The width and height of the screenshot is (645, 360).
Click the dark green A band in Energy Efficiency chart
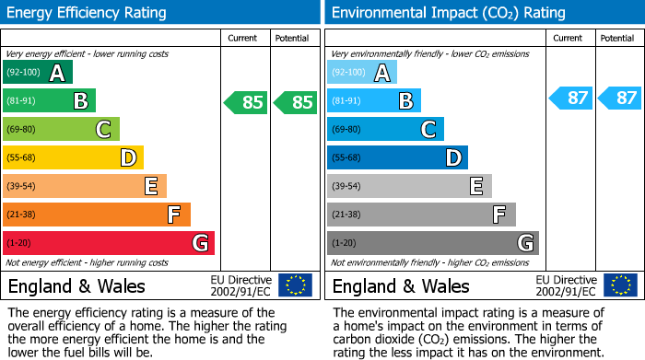tap(37, 73)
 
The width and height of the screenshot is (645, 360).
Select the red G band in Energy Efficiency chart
tap(108, 243)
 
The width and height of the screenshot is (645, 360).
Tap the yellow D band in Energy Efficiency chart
tap(73, 158)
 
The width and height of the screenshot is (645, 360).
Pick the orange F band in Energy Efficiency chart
tap(96, 215)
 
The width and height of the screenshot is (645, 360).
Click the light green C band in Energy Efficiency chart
tap(61, 130)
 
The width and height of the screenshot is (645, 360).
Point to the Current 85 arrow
tap(246, 102)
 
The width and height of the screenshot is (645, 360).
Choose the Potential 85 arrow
tap(294, 102)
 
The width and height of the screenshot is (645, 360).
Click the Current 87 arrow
tap(570, 98)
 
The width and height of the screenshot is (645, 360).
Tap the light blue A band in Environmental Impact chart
tap(362, 73)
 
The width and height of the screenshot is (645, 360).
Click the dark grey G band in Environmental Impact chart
tap(432, 243)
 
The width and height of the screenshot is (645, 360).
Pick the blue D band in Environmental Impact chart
tap(397, 158)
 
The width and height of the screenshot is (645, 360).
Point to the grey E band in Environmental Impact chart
tap(409, 187)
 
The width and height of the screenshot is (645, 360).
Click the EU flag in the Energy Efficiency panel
tap(295, 285)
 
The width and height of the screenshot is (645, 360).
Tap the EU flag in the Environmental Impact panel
tap(619, 285)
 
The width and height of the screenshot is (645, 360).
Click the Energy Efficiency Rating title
tap(88, 13)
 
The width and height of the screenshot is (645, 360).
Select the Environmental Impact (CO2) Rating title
tap(448, 13)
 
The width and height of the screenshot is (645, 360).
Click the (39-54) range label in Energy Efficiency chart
tap(21, 187)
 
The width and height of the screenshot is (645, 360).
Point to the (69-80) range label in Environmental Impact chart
tap(346, 130)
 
